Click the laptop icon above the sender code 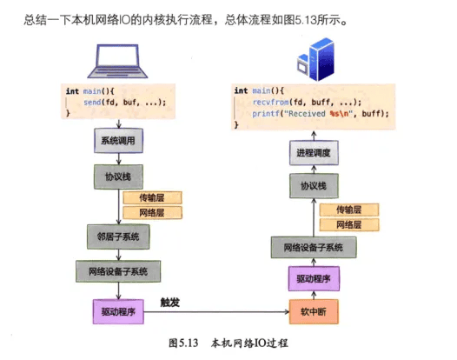(117, 61)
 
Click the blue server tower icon (315, 59)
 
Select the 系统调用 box (118, 141)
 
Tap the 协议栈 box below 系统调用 (118, 177)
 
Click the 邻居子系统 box (118, 237)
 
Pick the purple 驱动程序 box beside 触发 (118, 312)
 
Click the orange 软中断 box (314, 312)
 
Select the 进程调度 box (314, 152)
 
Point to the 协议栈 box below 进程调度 (314, 186)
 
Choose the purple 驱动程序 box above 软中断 (314, 278)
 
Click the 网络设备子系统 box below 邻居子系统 (118, 271)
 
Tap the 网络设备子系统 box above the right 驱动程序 (314, 247)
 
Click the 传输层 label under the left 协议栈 (152, 197)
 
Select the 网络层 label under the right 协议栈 (349, 224)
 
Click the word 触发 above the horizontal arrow (170, 303)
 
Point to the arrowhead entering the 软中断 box (287, 312)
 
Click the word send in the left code (92, 103)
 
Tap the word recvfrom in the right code (270, 102)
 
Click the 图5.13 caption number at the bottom (183, 343)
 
